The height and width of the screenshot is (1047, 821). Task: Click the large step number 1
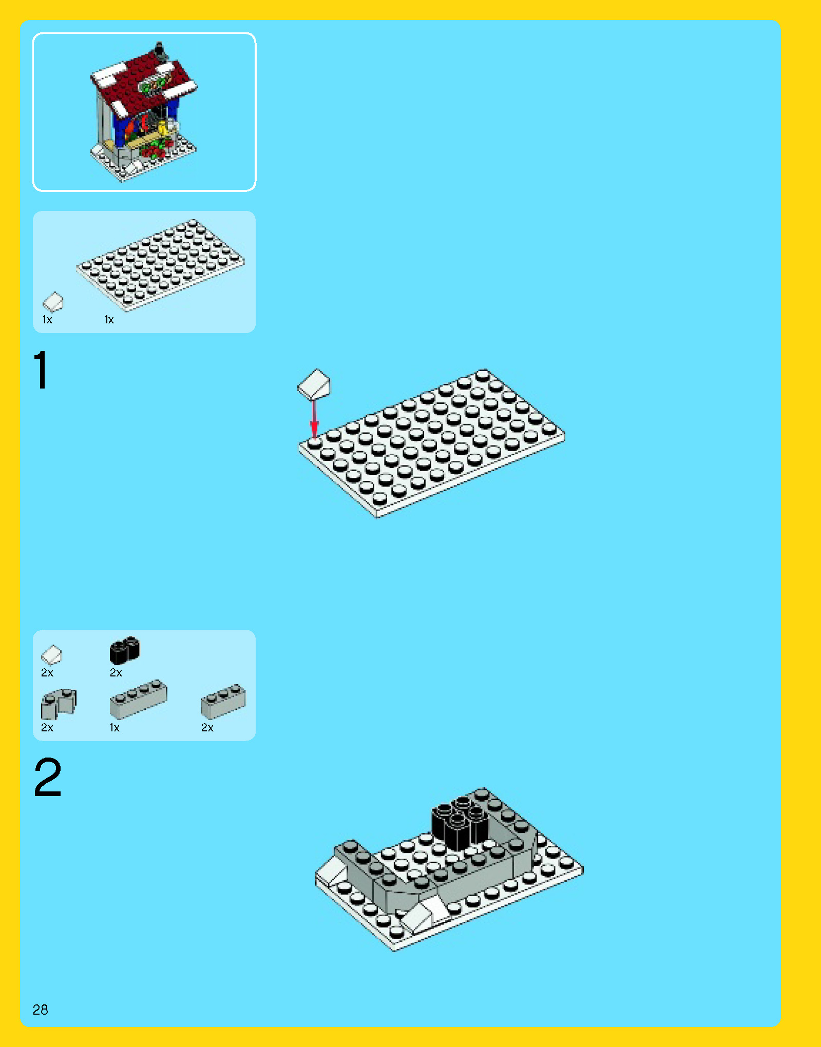[41, 370]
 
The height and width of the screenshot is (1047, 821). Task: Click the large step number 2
[47, 778]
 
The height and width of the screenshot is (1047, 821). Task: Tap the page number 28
[40, 1010]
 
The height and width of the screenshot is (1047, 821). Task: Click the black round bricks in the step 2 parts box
[124, 650]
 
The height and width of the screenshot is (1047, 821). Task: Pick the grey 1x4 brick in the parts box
[138, 699]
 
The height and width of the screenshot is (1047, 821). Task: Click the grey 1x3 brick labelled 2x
[223, 701]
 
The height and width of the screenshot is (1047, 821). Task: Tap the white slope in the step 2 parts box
[51, 655]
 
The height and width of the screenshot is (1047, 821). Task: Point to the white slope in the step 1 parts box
[52, 301]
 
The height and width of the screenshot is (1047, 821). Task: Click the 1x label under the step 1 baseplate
[109, 320]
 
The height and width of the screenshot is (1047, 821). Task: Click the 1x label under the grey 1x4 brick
[114, 728]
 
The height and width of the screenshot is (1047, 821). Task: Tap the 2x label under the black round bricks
[116, 673]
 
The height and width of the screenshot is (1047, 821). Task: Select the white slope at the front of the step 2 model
[424, 915]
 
